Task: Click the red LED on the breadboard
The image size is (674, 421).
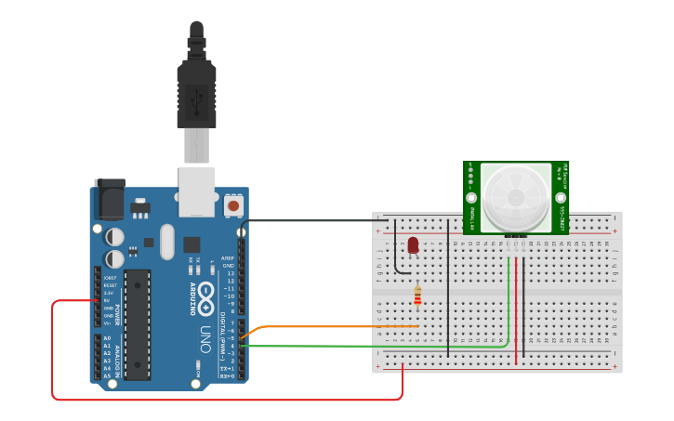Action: pyautogui.click(x=413, y=244)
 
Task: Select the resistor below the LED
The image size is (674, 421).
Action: pyautogui.click(x=417, y=296)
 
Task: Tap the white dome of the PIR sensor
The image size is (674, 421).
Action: pyautogui.click(x=515, y=196)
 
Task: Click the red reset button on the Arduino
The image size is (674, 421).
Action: pyautogui.click(x=233, y=205)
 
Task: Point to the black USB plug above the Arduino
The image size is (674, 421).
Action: pyautogui.click(x=196, y=93)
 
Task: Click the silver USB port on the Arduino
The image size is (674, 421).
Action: pyautogui.click(x=196, y=191)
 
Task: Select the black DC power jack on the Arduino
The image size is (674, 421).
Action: pyautogui.click(x=110, y=200)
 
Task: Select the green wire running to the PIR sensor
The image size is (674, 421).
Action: pyautogui.click(x=372, y=346)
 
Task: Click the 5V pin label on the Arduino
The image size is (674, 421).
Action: pyautogui.click(x=108, y=300)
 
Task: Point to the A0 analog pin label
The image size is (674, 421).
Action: pyautogui.click(x=108, y=338)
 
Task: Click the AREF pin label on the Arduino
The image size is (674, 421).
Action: pyautogui.click(x=228, y=258)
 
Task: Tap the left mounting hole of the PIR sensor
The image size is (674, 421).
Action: pyautogui.click(x=471, y=198)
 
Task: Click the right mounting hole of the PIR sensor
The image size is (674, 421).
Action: pyautogui.click(x=561, y=198)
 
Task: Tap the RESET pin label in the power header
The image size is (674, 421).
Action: pyautogui.click(x=110, y=285)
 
